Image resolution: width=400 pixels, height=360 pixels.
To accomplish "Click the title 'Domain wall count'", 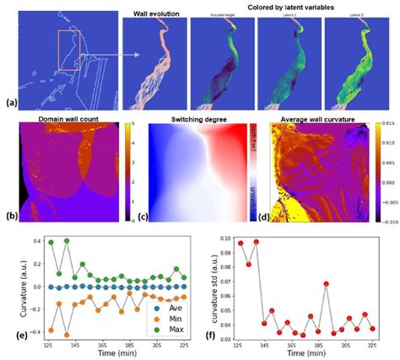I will pyautogui.click(x=65, y=124).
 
